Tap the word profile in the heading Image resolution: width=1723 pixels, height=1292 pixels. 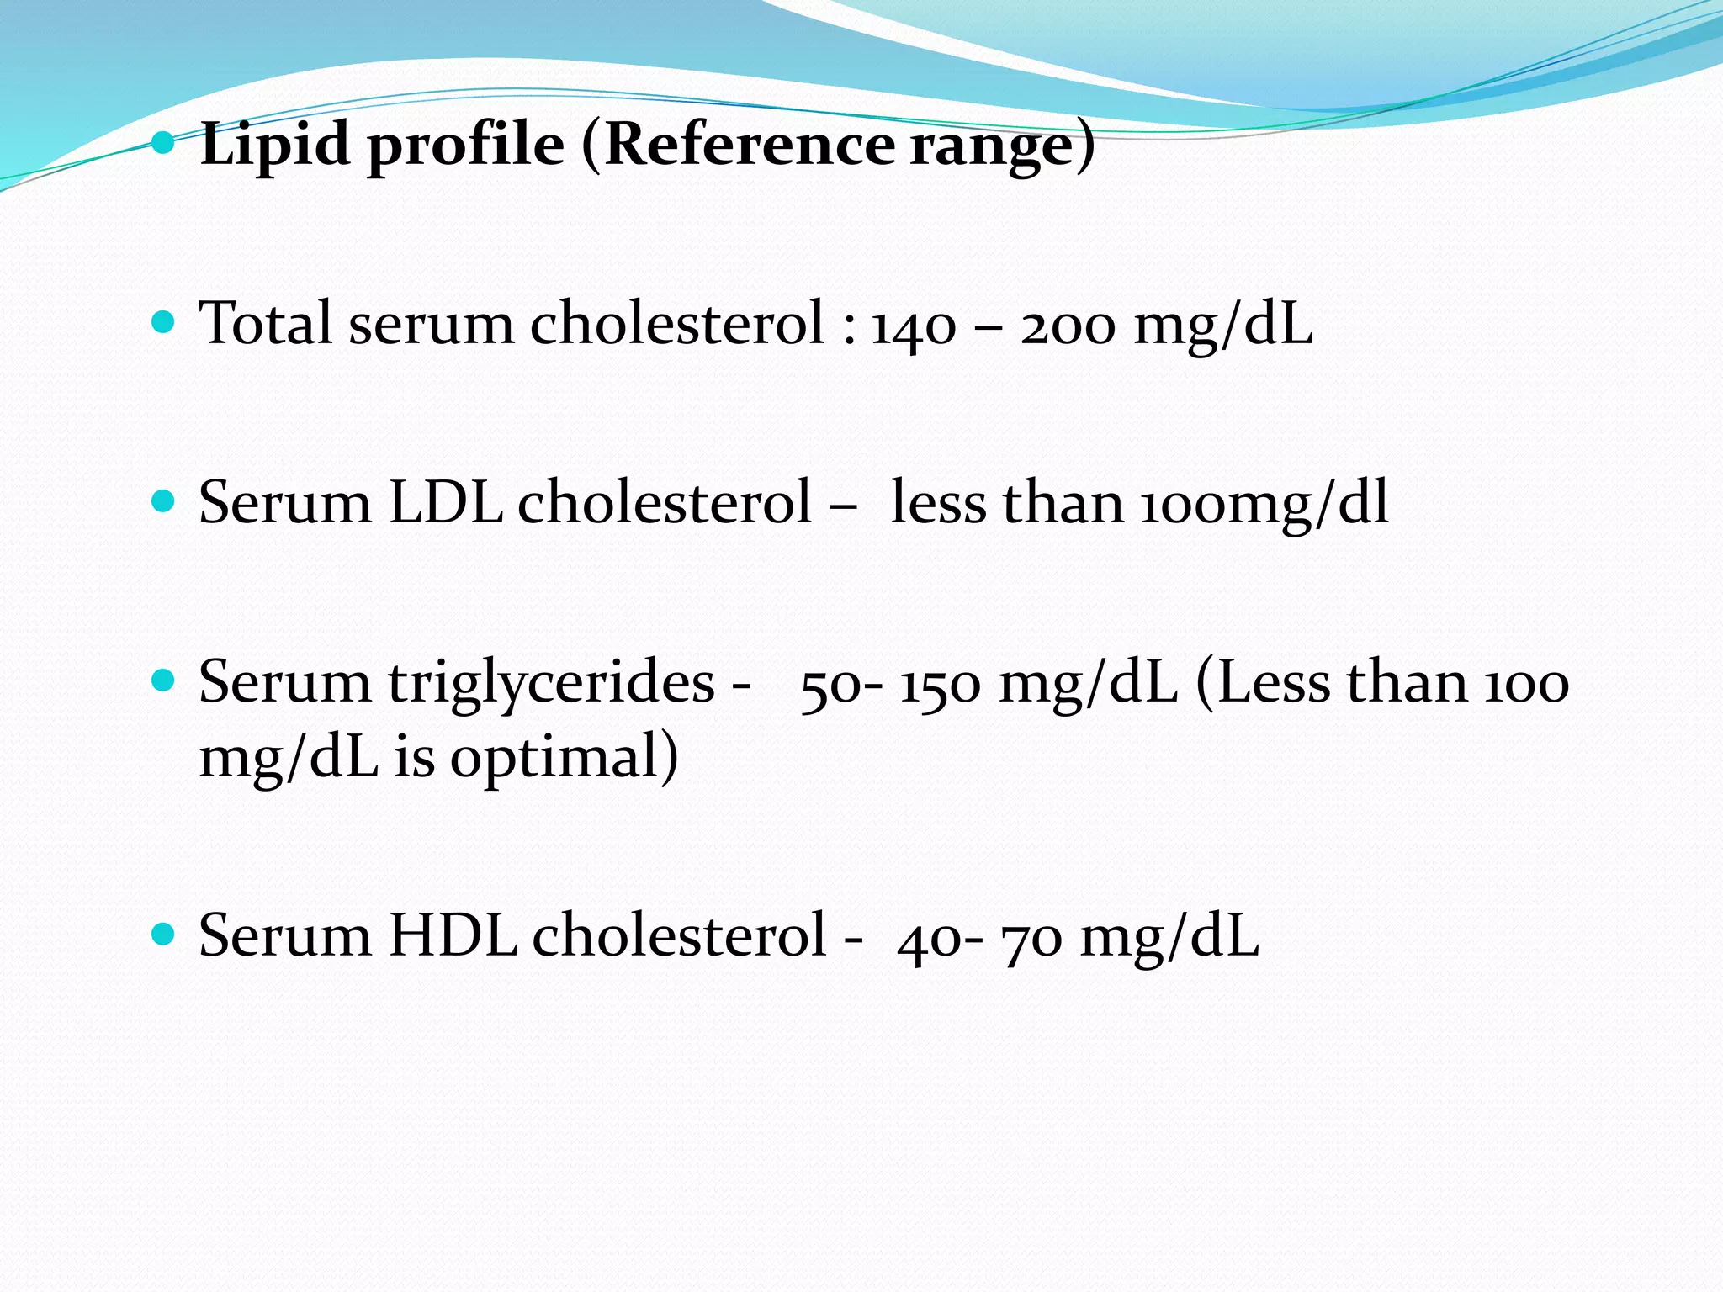(466, 145)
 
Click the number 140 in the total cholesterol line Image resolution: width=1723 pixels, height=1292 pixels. (914, 325)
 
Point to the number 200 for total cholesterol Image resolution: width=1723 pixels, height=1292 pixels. (1068, 325)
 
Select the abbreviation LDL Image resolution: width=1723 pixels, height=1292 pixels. (445, 502)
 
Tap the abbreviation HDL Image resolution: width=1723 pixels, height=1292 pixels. (452, 935)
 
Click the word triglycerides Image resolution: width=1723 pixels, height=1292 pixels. (551, 683)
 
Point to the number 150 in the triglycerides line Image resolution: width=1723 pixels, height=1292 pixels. (940, 683)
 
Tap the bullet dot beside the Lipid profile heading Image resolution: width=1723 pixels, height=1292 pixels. (163, 143)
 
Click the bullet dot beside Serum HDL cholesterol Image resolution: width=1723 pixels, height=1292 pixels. (163, 933)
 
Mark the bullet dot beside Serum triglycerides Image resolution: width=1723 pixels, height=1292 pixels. (163, 679)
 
